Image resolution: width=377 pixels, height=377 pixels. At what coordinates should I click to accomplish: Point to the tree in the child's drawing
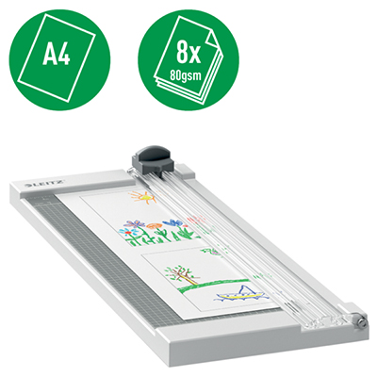[x=179, y=272]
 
